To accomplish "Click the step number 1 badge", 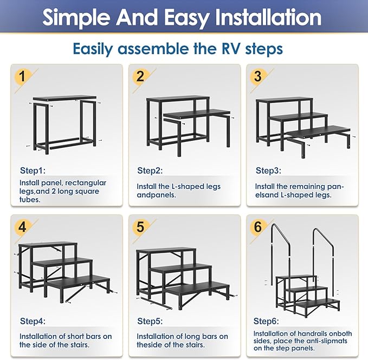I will click(x=22, y=76).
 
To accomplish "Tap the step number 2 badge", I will click(x=140, y=76).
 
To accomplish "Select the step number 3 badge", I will click(x=258, y=76).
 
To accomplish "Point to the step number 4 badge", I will click(x=22, y=227).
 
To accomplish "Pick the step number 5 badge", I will click(x=140, y=227).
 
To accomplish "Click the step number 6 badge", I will click(x=258, y=227).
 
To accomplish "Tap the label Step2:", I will click(x=150, y=171).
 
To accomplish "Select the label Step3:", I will click(x=268, y=171).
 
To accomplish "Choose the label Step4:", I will click(x=33, y=321).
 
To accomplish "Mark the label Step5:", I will click(x=150, y=321).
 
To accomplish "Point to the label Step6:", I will click(x=267, y=321).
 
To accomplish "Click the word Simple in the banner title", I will click(x=75, y=17).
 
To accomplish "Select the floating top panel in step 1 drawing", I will click(x=64, y=98).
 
